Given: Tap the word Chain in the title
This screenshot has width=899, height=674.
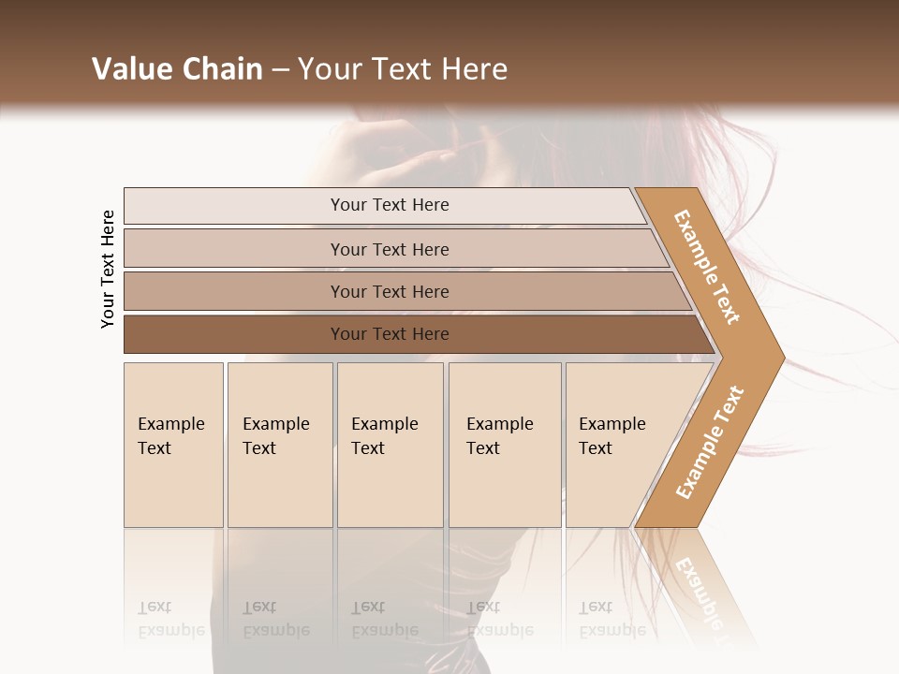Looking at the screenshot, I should click(223, 69).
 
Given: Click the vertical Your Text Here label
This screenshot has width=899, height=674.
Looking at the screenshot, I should click(108, 269).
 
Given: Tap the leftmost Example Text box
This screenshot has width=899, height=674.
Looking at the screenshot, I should click(173, 445).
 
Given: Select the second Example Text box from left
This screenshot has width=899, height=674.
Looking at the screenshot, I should click(279, 445).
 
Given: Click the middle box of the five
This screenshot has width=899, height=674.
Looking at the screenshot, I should click(390, 445).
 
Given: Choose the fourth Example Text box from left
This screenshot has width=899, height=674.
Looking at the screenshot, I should click(505, 445).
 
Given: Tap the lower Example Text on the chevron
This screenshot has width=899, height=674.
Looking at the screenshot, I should click(710, 442).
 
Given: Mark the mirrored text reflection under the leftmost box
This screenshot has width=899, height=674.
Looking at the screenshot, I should click(171, 619).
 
